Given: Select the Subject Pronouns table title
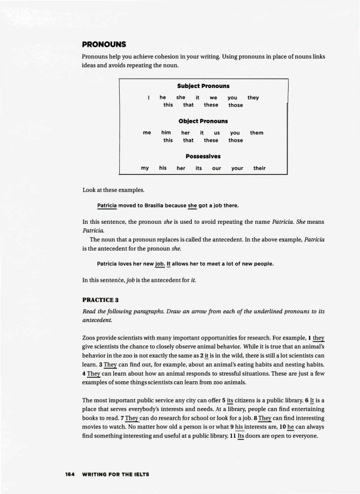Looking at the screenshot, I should pos(203,86).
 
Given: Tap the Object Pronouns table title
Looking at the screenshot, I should pos(203,121).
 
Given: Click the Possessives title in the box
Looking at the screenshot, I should pos(203,156).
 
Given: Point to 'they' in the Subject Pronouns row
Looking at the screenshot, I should pos(253,97).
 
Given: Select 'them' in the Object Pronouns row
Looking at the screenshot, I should pos(257,133).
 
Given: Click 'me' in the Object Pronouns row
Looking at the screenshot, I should pos(147,133).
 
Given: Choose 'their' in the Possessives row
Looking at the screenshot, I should pos(259,168).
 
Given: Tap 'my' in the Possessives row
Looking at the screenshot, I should pos(145,168).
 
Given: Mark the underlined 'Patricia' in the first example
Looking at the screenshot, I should pos(107,205).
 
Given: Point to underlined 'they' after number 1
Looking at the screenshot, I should pos(318,339).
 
